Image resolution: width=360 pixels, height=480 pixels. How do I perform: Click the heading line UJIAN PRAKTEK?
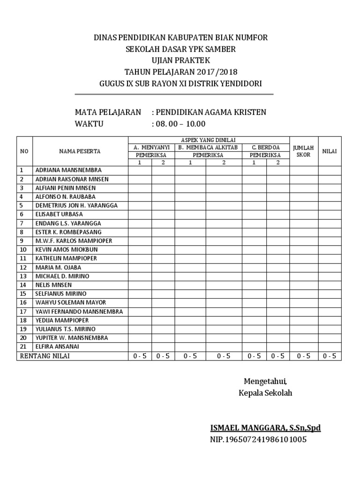click(x=180, y=60)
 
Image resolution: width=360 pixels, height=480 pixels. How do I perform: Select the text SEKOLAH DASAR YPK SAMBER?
click(x=180, y=49)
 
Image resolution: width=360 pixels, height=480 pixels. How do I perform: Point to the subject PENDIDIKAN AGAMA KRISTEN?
click(x=211, y=112)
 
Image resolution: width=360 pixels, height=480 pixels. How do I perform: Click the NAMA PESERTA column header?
click(x=80, y=151)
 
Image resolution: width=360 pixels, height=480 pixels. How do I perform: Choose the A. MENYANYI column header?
click(x=151, y=147)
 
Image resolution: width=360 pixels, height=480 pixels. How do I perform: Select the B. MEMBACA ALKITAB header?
click(x=208, y=147)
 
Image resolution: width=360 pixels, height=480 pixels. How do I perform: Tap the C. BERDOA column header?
click(x=265, y=147)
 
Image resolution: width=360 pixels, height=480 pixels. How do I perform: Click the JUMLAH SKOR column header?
click(x=303, y=151)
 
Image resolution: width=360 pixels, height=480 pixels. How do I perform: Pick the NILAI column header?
click(x=330, y=151)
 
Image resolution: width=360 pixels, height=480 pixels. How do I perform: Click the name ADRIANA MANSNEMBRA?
click(x=68, y=170)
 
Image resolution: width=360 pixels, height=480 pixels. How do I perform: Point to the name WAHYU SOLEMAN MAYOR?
click(x=71, y=302)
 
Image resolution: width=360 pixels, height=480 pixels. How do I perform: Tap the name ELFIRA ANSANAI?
click(x=57, y=346)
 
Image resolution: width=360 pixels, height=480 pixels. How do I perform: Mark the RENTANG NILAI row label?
click(x=46, y=356)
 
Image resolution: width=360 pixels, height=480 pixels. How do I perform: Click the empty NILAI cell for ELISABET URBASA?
click(x=330, y=214)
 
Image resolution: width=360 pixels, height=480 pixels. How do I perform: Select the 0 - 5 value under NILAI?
click(x=330, y=356)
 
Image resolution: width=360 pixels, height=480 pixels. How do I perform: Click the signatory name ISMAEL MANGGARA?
click(x=265, y=427)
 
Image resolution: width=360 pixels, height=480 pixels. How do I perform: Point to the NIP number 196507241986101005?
click(x=258, y=440)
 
